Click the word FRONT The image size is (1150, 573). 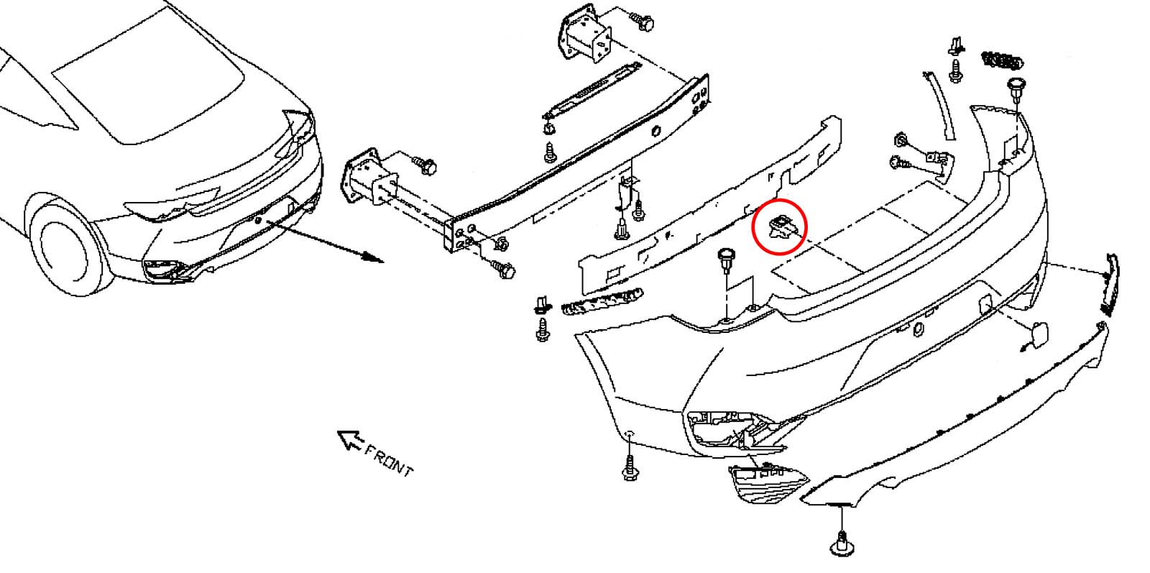389,461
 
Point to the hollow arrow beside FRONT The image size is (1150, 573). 350,441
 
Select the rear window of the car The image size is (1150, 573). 149,77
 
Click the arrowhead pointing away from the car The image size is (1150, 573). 372,257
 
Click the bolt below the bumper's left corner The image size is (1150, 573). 630,468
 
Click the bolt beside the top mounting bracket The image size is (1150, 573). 642,22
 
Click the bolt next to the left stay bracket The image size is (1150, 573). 425,165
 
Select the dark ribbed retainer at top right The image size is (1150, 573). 1002,61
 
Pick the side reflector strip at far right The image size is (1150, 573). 1110,285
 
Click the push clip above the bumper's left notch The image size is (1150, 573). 725,260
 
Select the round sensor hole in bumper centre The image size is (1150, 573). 918,329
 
